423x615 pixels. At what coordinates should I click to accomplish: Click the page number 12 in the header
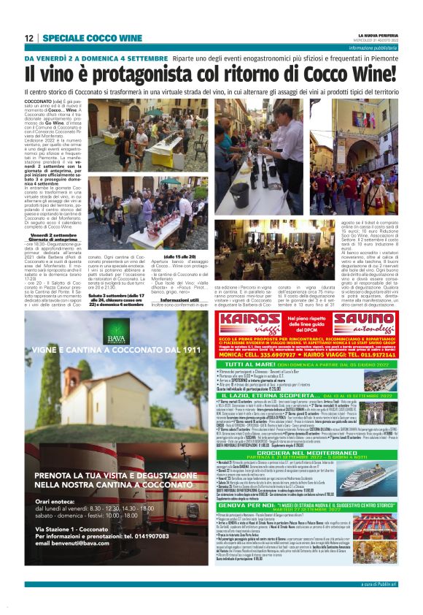29,38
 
